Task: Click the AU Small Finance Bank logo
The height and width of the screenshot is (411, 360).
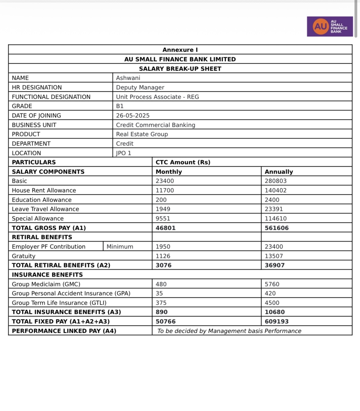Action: (x=330, y=27)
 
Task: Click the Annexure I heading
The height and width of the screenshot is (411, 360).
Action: (x=180, y=50)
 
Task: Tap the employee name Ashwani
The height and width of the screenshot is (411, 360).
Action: (x=128, y=78)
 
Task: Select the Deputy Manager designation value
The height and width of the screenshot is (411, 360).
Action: (x=140, y=87)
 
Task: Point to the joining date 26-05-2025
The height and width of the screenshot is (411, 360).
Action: (x=133, y=116)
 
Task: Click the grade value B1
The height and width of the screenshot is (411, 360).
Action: (x=120, y=106)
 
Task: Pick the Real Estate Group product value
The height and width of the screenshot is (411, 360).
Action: (x=142, y=134)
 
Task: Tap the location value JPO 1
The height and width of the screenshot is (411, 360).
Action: (x=123, y=153)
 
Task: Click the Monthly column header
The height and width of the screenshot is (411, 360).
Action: (x=169, y=172)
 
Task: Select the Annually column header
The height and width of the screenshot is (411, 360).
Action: (x=279, y=172)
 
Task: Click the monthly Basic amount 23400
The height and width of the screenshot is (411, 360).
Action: (x=165, y=181)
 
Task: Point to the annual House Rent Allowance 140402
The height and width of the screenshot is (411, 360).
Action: (x=276, y=190)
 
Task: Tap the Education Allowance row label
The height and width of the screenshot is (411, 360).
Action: (x=42, y=200)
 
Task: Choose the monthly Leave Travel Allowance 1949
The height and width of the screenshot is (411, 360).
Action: (x=163, y=209)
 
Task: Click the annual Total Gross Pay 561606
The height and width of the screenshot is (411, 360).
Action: (x=277, y=228)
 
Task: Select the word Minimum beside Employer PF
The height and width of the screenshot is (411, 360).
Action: (x=120, y=247)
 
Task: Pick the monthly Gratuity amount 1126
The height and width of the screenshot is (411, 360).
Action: (x=163, y=256)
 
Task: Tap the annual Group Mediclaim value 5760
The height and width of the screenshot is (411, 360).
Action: (x=272, y=284)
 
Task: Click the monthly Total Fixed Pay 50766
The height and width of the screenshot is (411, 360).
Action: (x=166, y=321)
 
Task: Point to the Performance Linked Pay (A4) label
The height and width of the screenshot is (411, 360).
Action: (x=64, y=331)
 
